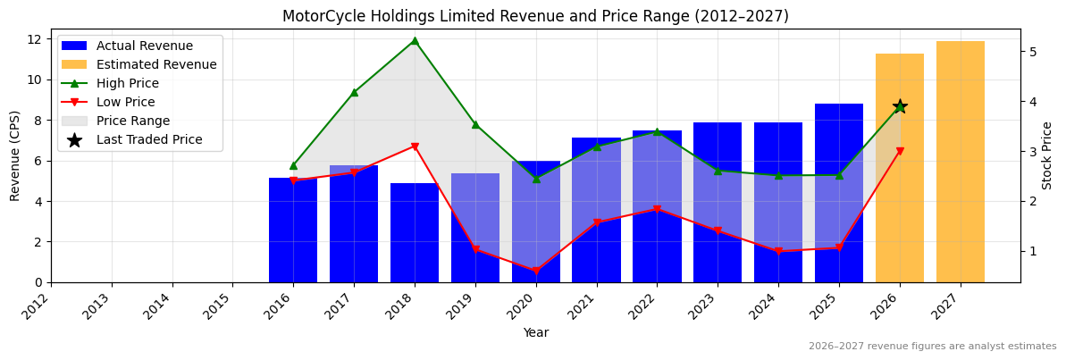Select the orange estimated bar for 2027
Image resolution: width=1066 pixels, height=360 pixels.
(x=960, y=162)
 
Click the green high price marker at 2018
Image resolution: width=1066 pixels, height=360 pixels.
(x=415, y=40)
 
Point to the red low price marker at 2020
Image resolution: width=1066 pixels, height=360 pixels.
(x=536, y=271)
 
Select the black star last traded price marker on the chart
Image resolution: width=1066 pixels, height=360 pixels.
(x=900, y=106)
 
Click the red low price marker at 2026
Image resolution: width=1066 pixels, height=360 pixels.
(x=900, y=152)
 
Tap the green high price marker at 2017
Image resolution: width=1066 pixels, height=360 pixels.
(x=354, y=92)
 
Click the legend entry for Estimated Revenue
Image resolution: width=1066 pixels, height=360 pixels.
(x=156, y=64)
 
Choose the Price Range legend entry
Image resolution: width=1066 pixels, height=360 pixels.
(x=133, y=121)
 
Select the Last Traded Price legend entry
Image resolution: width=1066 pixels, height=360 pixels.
(x=149, y=139)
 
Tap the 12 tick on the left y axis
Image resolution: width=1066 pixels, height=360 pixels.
(x=36, y=38)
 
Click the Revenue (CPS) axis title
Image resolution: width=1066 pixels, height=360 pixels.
(x=15, y=155)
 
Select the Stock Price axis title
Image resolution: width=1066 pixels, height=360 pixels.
(x=1048, y=155)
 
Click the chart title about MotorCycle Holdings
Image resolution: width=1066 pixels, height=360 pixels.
(x=535, y=16)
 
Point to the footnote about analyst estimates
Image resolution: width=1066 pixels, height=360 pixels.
(x=932, y=347)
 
